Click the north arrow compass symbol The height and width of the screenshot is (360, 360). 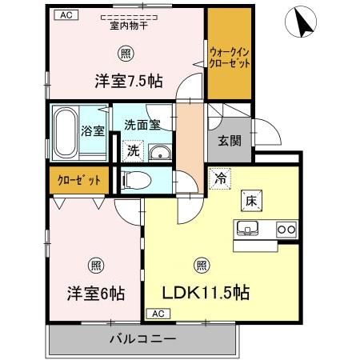coord(301,22)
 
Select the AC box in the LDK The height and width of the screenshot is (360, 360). coord(156,313)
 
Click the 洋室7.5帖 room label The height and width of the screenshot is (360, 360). coord(130,81)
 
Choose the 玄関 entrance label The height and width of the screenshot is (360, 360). coord(229,141)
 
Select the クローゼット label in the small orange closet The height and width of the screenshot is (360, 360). coord(78,180)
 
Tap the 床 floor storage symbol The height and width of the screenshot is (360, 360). coord(250,200)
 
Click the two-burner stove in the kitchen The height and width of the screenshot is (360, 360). coord(286,230)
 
